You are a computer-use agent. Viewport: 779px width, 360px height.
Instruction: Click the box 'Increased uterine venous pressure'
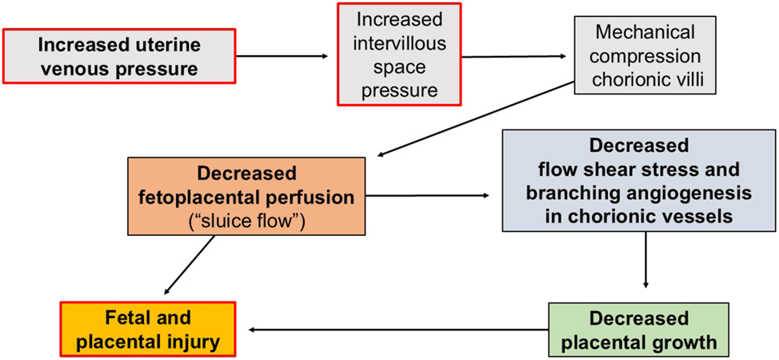pos(120,56)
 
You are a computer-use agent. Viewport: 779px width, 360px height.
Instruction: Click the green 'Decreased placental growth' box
pos(638,330)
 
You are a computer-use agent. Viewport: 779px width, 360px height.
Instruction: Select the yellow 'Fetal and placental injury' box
pos(149,330)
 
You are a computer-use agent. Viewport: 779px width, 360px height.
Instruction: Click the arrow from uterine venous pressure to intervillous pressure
pos(283,56)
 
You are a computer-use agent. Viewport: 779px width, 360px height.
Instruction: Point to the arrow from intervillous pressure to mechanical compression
pos(516,56)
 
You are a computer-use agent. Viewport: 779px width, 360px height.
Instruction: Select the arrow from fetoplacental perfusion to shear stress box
pos(429,194)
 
